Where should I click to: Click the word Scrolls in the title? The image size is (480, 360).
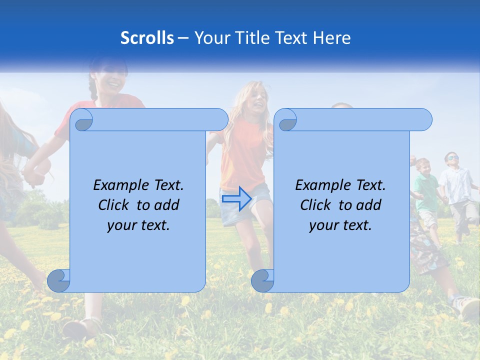point(147,38)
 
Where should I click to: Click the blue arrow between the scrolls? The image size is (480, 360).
point(236,198)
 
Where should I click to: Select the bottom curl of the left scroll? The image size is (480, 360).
point(58,280)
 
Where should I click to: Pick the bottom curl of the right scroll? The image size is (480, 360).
point(262,280)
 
